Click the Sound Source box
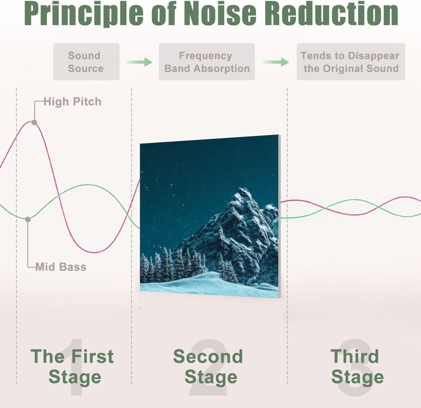[x=86, y=62]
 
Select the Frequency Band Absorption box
[x=207, y=62]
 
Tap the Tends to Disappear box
[x=351, y=62]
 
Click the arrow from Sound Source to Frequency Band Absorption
[x=139, y=62]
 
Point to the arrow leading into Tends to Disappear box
[x=276, y=62]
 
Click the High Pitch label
[x=72, y=102]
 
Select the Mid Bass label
[x=61, y=267]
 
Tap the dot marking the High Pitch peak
[x=34, y=122]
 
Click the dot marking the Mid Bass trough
[x=28, y=220]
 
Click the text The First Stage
[x=73, y=366]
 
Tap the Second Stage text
[x=208, y=366]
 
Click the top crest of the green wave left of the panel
[x=88, y=185]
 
